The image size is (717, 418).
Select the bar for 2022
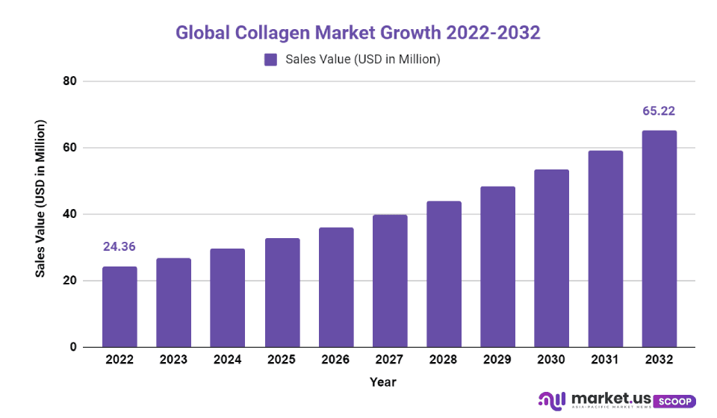[119, 307]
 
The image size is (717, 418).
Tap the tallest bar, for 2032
[659, 239]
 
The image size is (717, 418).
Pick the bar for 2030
[552, 258]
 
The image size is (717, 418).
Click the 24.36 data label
[119, 247]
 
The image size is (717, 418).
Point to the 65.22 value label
[659, 111]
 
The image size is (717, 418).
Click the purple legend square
[270, 60]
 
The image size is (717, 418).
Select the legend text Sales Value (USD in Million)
[363, 60]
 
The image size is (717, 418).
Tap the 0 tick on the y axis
[72, 347]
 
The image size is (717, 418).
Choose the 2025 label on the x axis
[282, 360]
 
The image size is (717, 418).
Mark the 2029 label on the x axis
[497, 360]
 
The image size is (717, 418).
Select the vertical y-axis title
[42, 199]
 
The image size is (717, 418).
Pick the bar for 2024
[228, 298]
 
